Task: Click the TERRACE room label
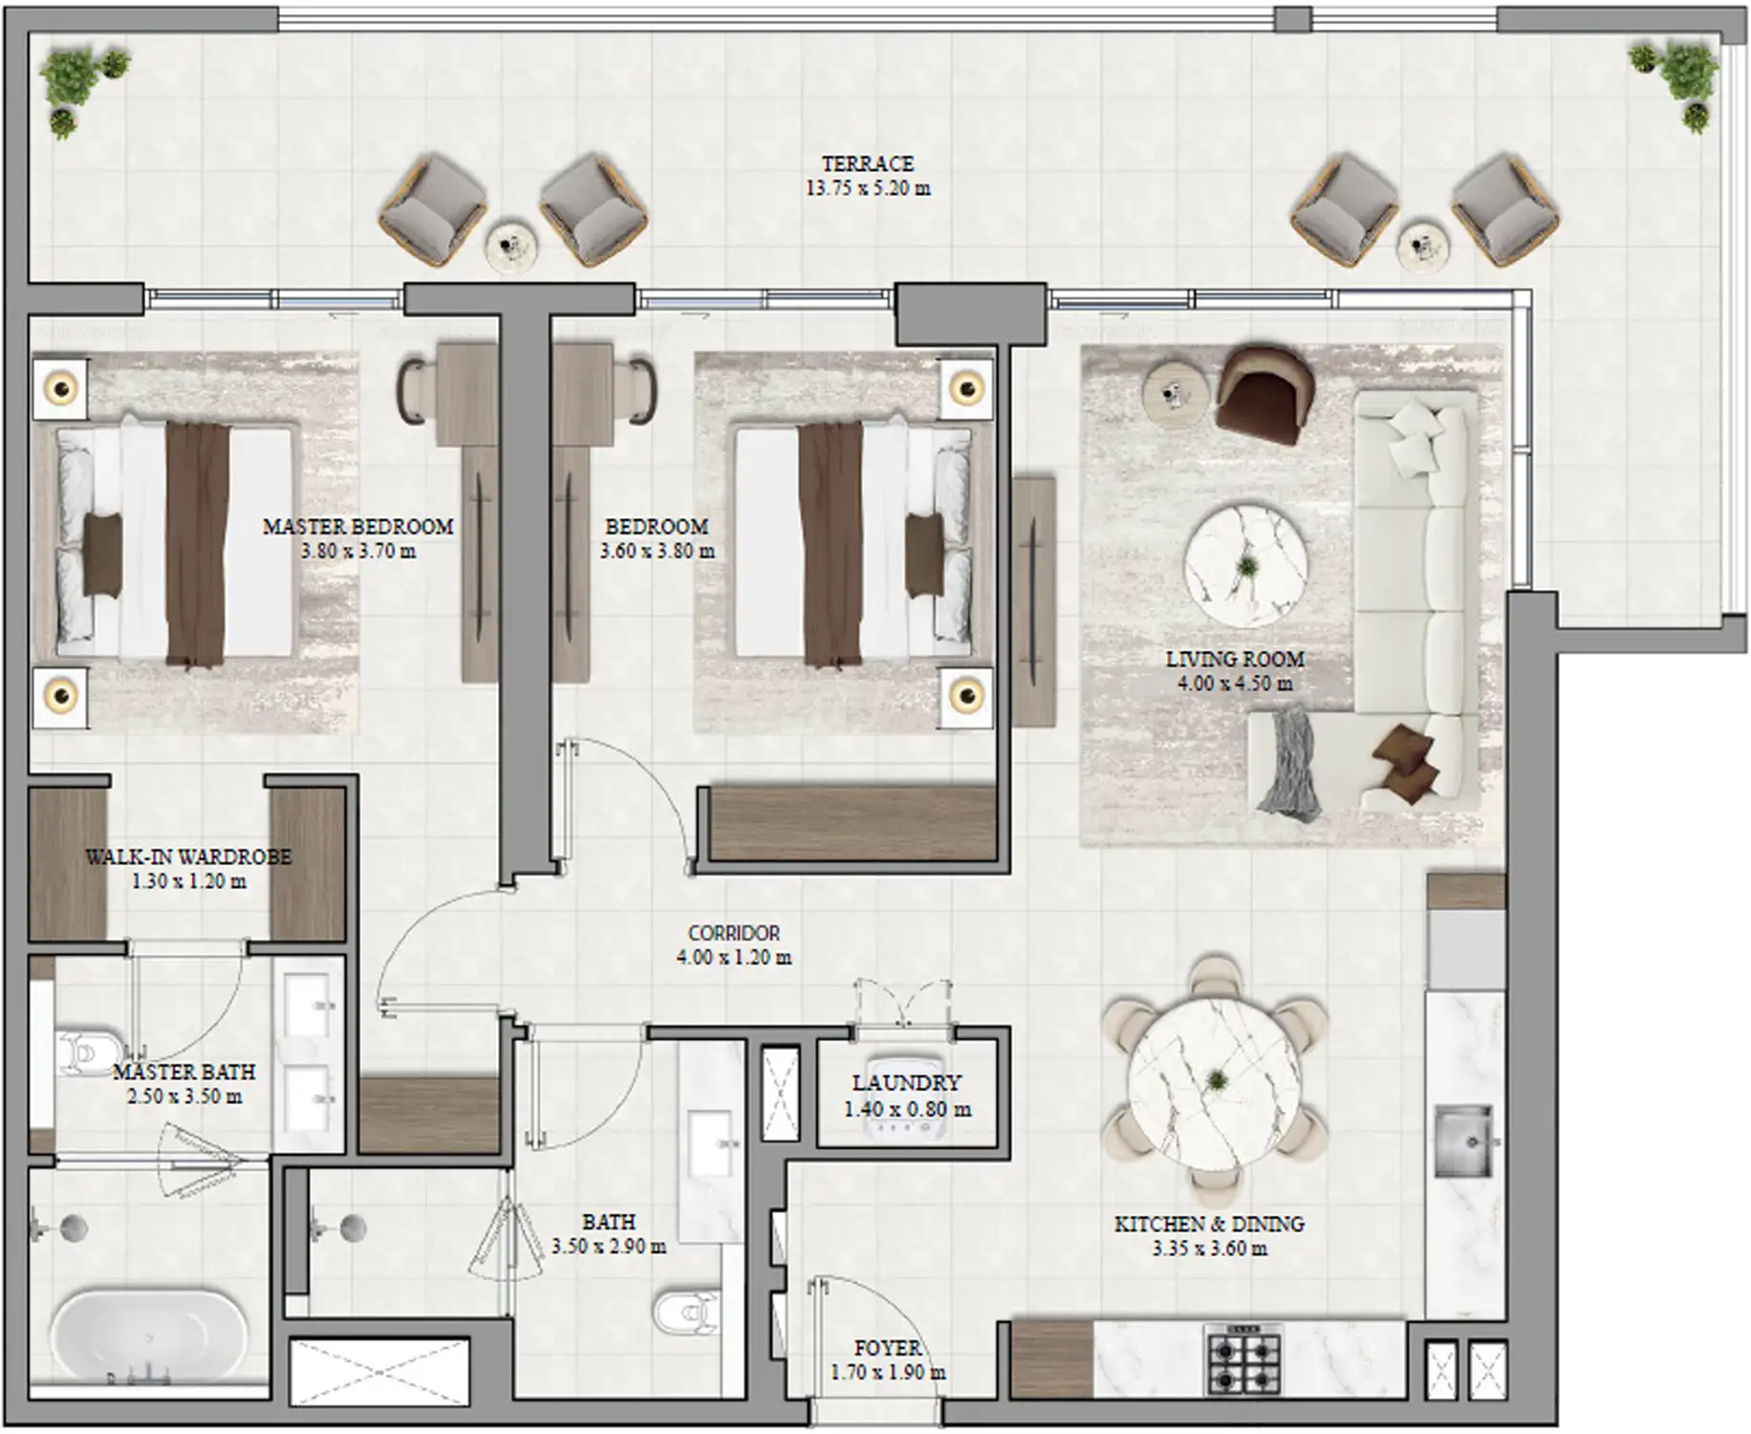point(867,163)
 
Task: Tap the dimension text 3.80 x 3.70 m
point(357,552)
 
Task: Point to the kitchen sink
point(1462,1141)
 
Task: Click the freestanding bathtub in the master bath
point(148,1335)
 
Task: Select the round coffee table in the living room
point(1245,566)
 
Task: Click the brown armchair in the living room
point(1264,393)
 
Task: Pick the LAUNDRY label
point(906,1083)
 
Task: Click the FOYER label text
point(887,1348)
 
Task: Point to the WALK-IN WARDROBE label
point(188,857)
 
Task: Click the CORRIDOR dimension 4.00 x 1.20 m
point(733,958)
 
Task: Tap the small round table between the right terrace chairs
point(1422,248)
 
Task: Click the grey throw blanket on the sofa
point(1289,763)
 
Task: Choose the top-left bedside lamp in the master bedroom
point(61,388)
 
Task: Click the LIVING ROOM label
point(1234,659)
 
